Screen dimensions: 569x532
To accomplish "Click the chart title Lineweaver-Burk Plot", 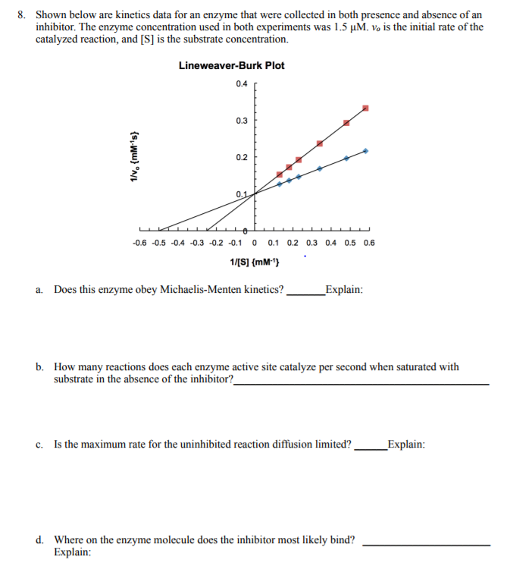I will point(231,65).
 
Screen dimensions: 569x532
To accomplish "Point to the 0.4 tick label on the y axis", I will point(241,83).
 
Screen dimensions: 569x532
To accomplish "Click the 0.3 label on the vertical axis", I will point(241,121).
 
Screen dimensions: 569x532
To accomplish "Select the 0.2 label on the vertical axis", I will point(241,158).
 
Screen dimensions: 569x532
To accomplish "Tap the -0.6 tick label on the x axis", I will point(139,244).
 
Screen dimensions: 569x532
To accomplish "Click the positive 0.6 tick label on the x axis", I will point(369,244).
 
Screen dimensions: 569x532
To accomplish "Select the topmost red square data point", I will point(365,108).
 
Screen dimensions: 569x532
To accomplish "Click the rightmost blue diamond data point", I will point(365,151).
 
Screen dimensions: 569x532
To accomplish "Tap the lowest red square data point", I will point(280,174).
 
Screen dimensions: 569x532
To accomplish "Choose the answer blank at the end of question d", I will point(427,543).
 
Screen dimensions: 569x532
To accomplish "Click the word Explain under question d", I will point(72,552).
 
